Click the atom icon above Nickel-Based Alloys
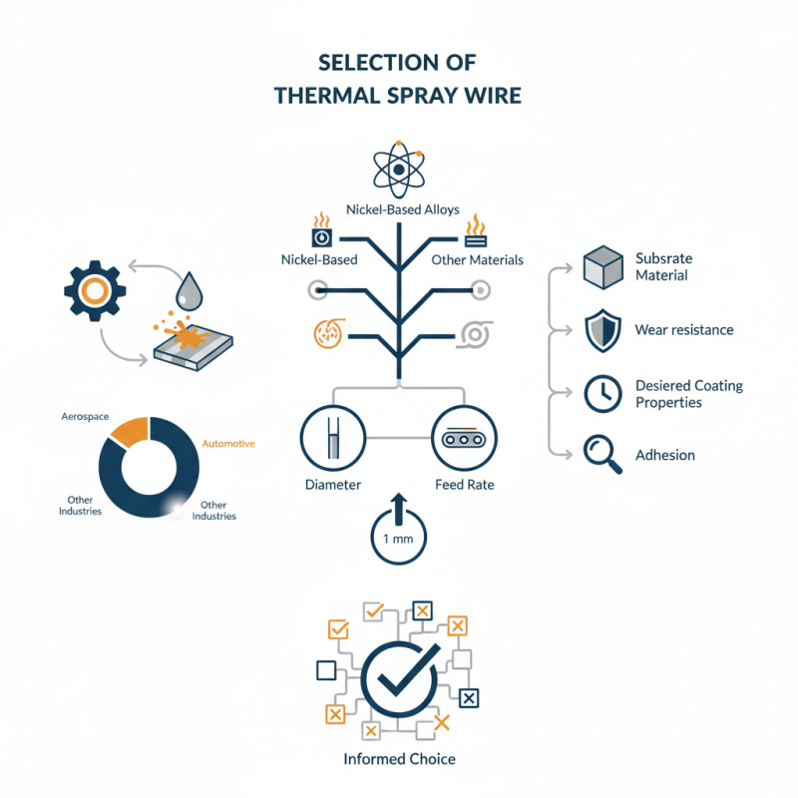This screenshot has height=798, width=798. (x=399, y=171)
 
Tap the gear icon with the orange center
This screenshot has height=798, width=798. (x=94, y=290)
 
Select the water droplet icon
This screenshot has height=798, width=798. (x=189, y=292)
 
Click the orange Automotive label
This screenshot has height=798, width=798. (x=228, y=443)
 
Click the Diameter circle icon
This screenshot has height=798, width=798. (x=333, y=438)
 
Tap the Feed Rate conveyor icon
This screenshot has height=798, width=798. (x=465, y=438)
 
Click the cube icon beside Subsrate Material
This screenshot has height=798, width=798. (x=601, y=267)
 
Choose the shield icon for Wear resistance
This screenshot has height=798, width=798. (x=601, y=331)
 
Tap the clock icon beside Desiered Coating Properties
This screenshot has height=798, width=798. (x=601, y=394)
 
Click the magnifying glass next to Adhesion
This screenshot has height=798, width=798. (x=599, y=454)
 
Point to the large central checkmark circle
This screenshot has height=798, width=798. (x=399, y=679)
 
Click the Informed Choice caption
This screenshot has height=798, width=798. (x=399, y=759)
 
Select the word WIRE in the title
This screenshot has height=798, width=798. (x=486, y=96)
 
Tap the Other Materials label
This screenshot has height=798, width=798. (x=477, y=260)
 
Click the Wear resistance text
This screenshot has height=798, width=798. (x=683, y=330)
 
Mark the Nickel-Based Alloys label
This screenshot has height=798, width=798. (x=399, y=209)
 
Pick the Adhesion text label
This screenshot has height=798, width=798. (x=665, y=455)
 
